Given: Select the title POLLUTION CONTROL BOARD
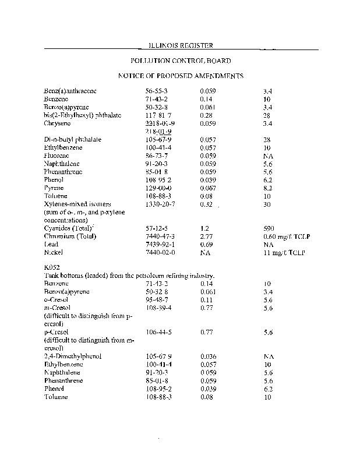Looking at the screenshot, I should (x=180, y=61).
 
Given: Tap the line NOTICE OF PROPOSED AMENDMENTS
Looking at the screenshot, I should (x=180, y=76).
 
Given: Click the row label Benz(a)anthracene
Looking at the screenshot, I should (x=70, y=91).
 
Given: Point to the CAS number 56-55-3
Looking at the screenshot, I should (x=156, y=91).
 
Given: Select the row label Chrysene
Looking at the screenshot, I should (x=57, y=123).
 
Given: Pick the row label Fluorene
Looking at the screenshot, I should (x=57, y=156).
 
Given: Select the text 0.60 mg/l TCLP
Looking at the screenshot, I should (x=285, y=236).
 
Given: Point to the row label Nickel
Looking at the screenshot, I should (x=52, y=253).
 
